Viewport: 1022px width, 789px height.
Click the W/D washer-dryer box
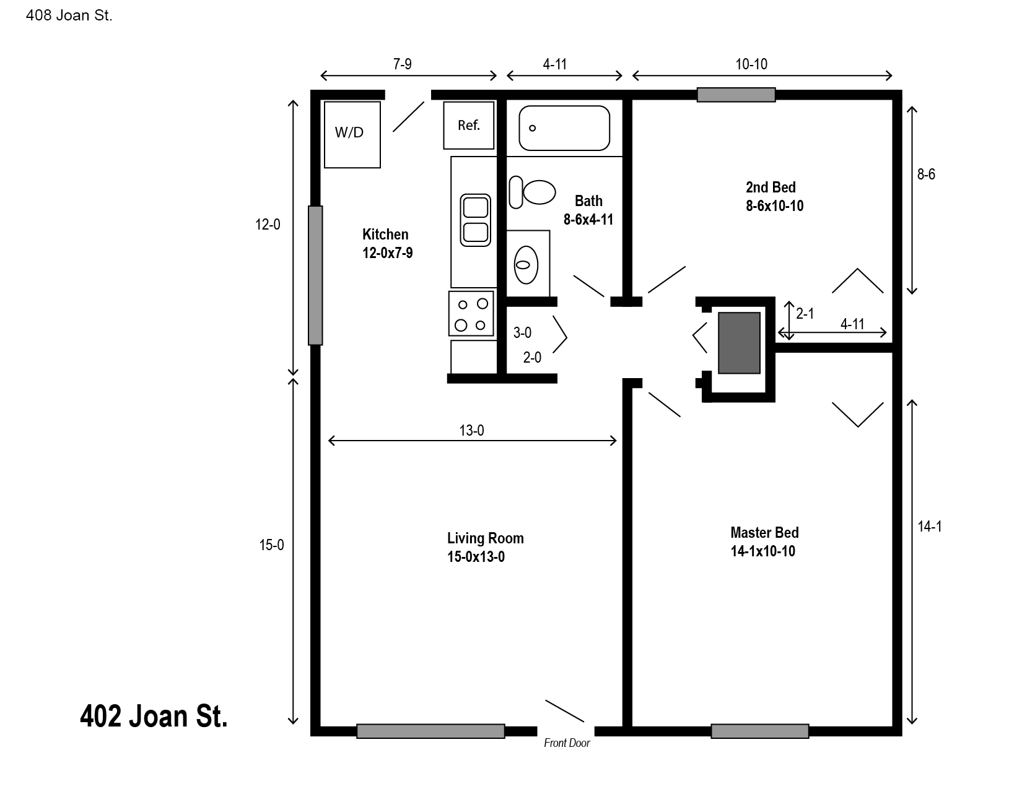click(x=352, y=134)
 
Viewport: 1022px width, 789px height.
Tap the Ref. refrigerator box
click(x=468, y=126)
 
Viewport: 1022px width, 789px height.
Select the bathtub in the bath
click(x=564, y=128)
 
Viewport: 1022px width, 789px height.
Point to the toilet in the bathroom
click(x=533, y=192)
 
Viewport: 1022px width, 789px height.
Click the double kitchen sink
click(x=476, y=220)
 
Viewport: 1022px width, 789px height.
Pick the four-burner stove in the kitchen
click(x=471, y=314)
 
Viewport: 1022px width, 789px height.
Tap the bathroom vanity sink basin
click(x=526, y=265)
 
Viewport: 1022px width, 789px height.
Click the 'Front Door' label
click(x=567, y=743)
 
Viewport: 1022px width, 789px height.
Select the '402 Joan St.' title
click(x=154, y=716)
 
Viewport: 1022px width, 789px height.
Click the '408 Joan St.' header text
click(x=69, y=15)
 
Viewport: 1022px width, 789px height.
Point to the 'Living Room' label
click(x=486, y=538)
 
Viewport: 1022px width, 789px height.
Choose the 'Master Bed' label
click(x=765, y=532)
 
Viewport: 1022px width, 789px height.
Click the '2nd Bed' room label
click(x=771, y=187)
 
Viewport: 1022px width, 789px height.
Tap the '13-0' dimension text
click(x=471, y=431)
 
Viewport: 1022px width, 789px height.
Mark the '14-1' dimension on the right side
click(x=930, y=527)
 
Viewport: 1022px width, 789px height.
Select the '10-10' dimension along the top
click(x=751, y=64)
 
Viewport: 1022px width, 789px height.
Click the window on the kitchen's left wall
click(x=316, y=275)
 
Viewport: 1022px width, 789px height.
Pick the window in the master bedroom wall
click(x=760, y=731)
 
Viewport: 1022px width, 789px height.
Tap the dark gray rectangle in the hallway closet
click(x=740, y=343)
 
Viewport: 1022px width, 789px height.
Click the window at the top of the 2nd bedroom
click(x=736, y=95)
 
